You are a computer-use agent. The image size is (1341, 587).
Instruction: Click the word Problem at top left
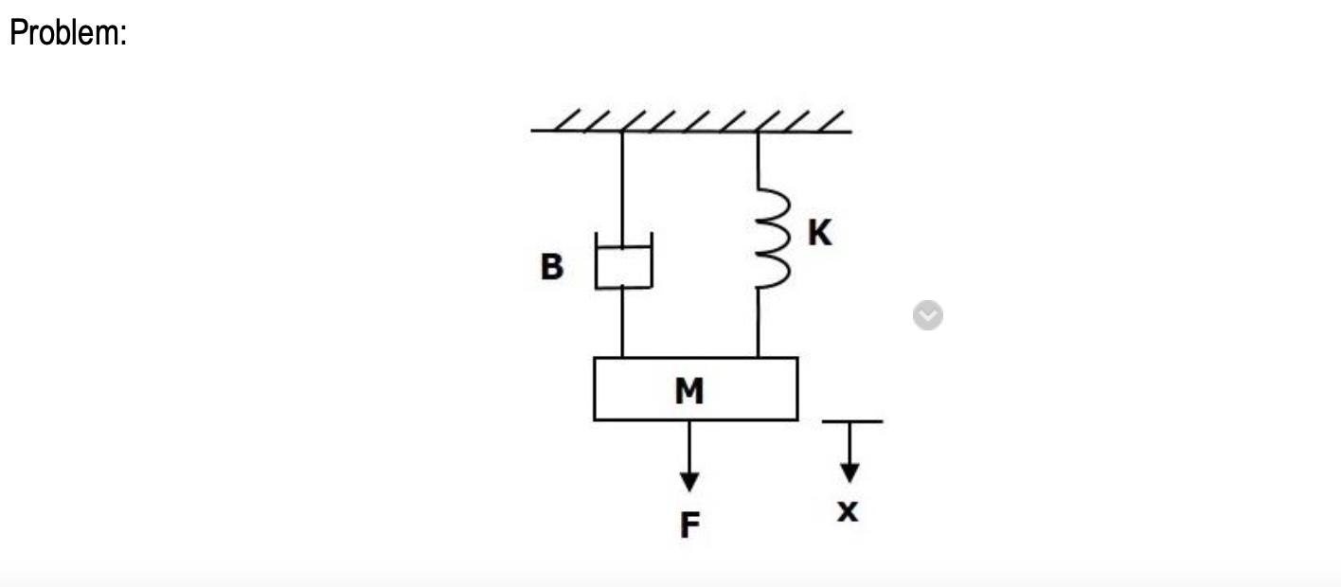[x=64, y=32]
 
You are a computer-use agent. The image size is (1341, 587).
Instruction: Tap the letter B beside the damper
[x=552, y=266]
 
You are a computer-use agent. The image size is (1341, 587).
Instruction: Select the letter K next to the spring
[x=819, y=232]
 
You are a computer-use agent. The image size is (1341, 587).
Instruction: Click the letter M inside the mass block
[x=689, y=391]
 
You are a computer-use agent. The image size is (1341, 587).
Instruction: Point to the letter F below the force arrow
[x=689, y=525]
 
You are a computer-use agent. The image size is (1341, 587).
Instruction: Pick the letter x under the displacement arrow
[x=847, y=511]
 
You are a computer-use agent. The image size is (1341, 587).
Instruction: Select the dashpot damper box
[x=624, y=261]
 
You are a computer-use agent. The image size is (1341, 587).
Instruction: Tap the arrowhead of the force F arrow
[x=689, y=481]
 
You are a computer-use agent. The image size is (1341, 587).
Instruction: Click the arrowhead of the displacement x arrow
[x=849, y=472]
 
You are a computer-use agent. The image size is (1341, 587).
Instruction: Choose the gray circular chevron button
[x=928, y=315]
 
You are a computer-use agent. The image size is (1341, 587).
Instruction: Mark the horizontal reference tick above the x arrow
[x=852, y=421]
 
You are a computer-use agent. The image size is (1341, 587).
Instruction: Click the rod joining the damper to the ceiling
[x=622, y=188]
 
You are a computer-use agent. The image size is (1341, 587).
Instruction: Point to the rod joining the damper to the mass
[x=622, y=323]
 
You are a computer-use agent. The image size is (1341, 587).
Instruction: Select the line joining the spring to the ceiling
[x=758, y=160]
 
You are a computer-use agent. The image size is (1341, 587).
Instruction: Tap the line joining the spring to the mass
[x=758, y=323]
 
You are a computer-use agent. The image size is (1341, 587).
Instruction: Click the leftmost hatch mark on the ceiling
[x=567, y=119]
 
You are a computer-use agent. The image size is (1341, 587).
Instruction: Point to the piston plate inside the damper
[x=624, y=246]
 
